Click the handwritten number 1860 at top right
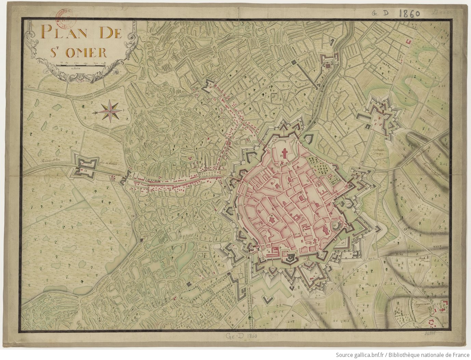pos(409,13)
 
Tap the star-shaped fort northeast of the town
pos(378,117)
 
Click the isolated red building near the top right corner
pos(407,41)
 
